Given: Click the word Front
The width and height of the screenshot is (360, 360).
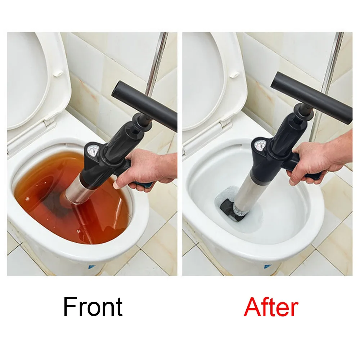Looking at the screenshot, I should [93, 307].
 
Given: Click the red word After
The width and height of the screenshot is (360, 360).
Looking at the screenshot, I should [271, 307].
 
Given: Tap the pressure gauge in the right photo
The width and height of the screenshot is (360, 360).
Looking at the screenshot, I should [260, 145].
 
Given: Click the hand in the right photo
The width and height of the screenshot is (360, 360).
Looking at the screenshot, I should [317, 158].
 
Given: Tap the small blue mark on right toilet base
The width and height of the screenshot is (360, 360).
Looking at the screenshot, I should [267, 267].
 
